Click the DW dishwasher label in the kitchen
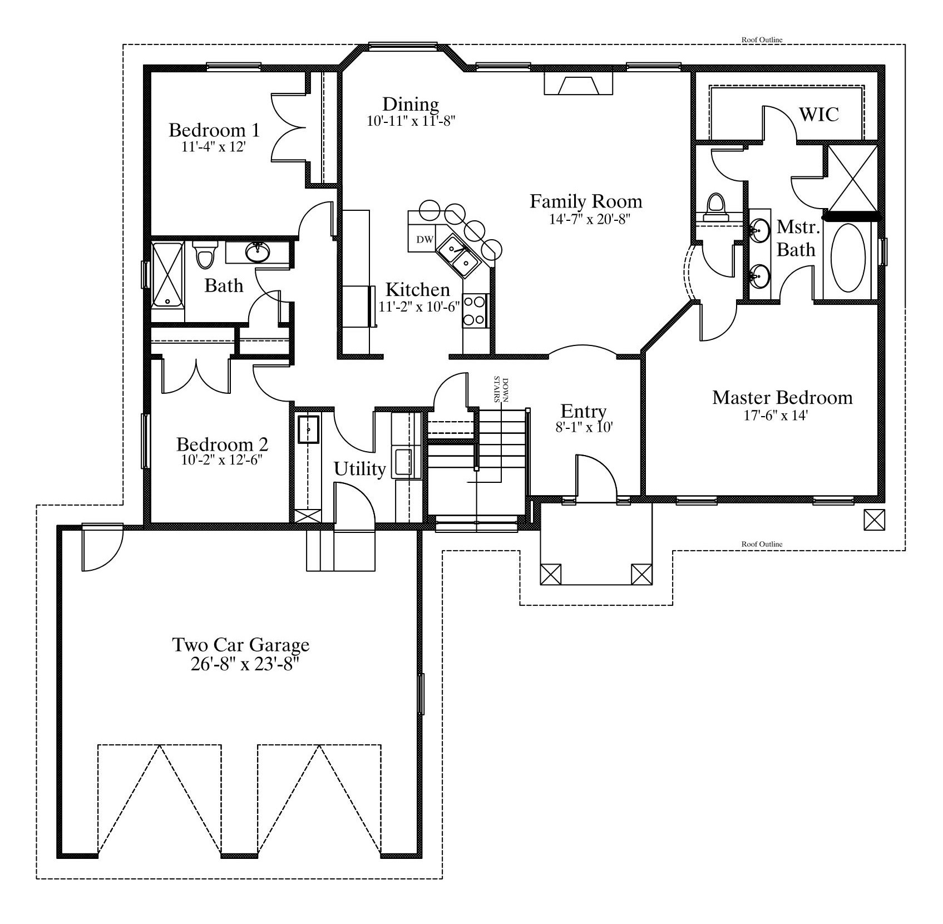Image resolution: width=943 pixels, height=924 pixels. click(425, 240)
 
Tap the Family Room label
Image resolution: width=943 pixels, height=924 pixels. click(586, 201)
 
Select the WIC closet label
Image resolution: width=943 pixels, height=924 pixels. click(819, 114)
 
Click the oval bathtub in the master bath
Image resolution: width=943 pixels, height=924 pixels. click(848, 258)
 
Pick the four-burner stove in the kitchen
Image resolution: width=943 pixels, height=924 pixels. click(475, 310)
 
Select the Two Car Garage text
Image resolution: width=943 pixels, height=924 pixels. click(240, 645)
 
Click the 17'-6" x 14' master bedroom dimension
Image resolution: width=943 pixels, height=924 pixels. click(775, 416)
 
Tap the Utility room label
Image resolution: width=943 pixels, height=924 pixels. click(359, 469)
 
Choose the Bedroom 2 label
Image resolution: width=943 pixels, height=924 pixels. click(222, 444)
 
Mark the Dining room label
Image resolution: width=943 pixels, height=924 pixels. click(411, 104)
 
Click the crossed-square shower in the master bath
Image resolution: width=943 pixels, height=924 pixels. click(851, 178)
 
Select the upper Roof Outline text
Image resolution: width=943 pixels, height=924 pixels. click(762, 39)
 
